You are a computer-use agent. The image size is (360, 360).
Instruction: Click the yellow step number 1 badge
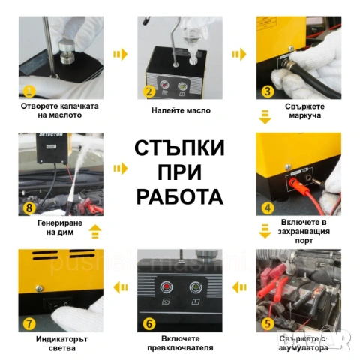click(x=29, y=91)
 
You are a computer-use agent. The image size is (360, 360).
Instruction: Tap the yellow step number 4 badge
click(x=268, y=208)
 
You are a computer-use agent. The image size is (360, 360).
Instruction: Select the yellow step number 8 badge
click(x=29, y=208)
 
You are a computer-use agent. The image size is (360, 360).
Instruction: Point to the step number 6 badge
click(x=149, y=323)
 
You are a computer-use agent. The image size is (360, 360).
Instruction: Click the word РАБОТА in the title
click(x=180, y=196)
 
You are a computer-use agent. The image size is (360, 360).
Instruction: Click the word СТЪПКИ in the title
click(x=179, y=148)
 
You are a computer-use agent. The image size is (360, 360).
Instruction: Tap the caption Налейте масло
click(x=181, y=110)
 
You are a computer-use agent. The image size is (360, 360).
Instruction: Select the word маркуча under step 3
click(x=305, y=115)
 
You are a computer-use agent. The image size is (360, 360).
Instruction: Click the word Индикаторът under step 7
click(x=61, y=339)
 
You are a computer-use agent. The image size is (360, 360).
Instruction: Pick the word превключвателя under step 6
click(x=180, y=347)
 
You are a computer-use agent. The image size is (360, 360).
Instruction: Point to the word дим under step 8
click(x=67, y=232)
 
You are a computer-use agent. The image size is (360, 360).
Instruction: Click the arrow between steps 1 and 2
click(x=120, y=54)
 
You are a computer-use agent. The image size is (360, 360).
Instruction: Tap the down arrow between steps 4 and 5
click(x=265, y=231)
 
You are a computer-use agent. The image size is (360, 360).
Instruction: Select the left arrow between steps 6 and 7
click(x=121, y=287)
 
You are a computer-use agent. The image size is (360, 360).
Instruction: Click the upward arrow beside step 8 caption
click(x=95, y=232)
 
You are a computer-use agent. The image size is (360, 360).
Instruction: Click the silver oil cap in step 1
click(x=67, y=53)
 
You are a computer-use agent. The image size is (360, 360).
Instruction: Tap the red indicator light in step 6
click(x=166, y=287)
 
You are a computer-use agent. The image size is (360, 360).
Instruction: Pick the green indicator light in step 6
click(x=195, y=287)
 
